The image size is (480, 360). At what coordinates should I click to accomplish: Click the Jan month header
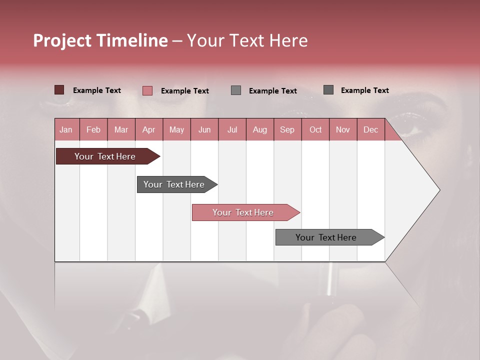pos(66,129)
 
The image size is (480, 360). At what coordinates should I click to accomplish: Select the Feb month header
pos(93,129)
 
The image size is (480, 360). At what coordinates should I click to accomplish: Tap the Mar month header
pos(121,129)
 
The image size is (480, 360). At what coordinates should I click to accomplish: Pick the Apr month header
pos(149,129)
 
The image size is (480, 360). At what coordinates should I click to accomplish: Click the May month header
pos(176,129)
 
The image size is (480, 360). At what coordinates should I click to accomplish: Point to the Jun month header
pos(204,129)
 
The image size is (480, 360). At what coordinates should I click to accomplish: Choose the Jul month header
pos(232,129)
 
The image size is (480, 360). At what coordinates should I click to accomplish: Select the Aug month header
pos(260,129)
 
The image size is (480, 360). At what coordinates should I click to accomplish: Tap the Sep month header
pos(287,129)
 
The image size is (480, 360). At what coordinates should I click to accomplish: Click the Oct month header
pos(315,129)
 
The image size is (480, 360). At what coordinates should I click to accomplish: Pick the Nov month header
pos(343,129)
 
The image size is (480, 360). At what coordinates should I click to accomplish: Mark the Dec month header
pos(370,129)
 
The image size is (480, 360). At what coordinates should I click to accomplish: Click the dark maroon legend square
pos(59,90)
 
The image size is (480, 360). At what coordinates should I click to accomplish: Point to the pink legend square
pos(147,90)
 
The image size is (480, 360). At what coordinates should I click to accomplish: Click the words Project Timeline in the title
pos(100,40)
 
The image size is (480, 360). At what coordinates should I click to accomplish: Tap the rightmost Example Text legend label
pos(364,90)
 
